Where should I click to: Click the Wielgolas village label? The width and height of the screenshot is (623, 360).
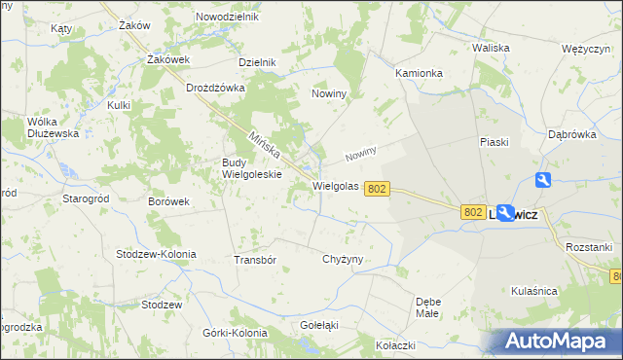[336, 186]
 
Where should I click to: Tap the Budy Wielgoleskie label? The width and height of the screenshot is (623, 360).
[252, 168]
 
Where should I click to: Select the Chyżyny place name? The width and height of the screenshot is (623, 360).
[342, 259]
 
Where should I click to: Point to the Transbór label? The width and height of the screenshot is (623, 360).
[256, 260]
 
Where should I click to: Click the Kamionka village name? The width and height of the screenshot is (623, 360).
[420, 73]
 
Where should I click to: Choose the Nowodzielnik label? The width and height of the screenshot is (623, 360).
[227, 18]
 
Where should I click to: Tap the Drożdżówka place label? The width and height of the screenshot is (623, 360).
[215, 87]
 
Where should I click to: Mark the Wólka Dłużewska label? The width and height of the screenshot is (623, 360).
[53, 127]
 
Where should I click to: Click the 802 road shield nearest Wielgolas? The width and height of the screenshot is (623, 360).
[380, 190]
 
